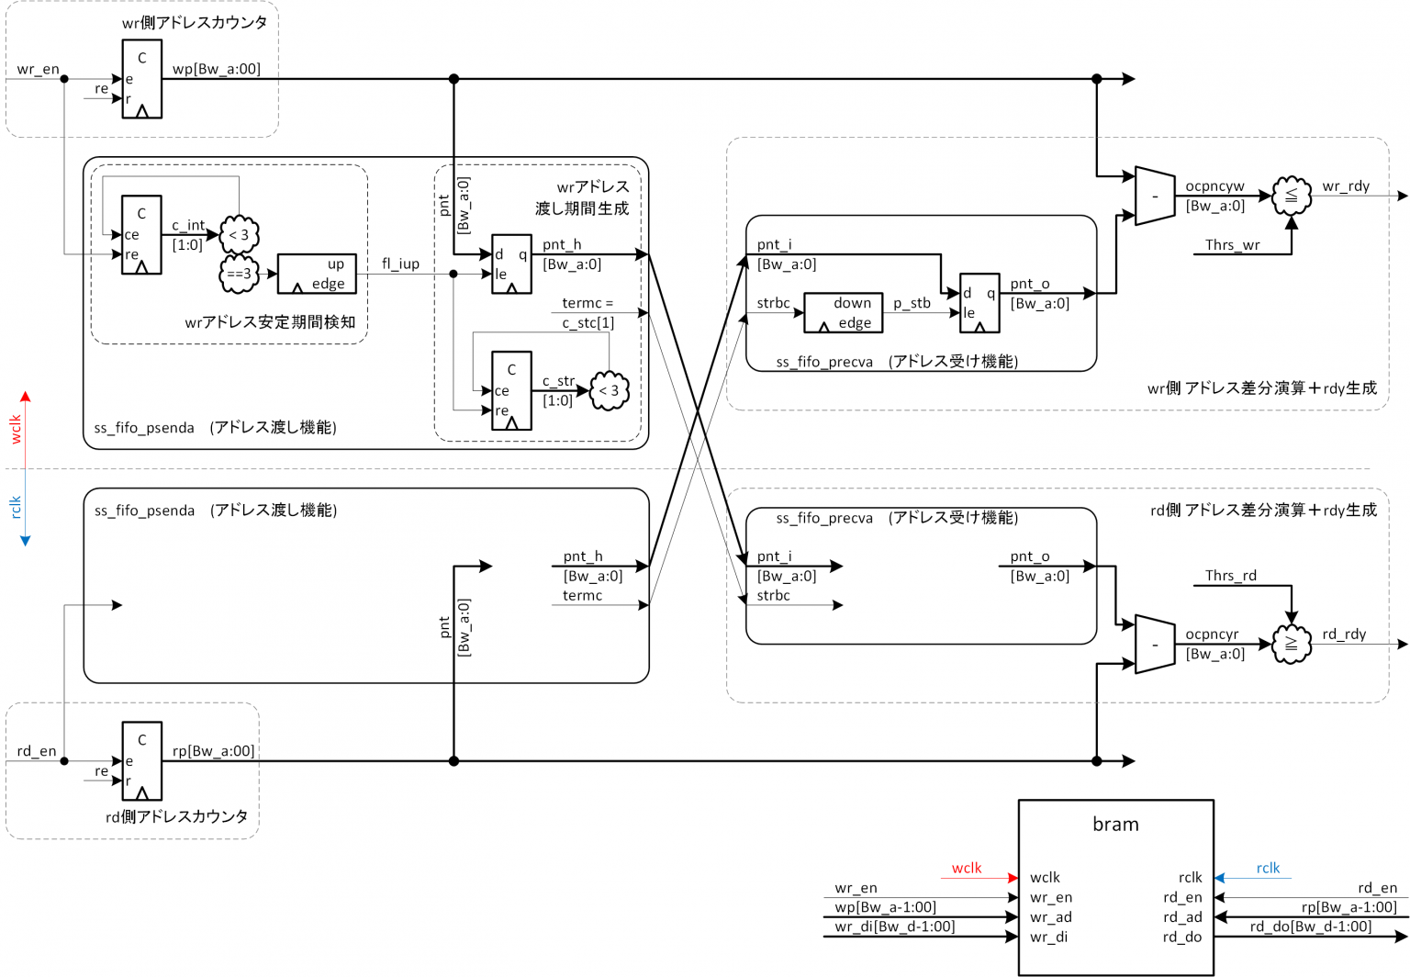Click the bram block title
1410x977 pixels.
[x=1115, y=825]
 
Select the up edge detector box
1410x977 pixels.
[x=317, y=274]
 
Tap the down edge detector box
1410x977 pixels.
[x=843, y=312]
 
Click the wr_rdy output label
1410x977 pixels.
[x=1346, y=186]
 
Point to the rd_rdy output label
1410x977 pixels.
[x=1344, y=634]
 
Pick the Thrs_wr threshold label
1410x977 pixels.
[x=1232, y=245]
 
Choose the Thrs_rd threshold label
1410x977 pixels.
[x=1230, y=576]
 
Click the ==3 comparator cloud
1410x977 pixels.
[x=240, y=274]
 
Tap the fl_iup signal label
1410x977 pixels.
[x=400, y=264]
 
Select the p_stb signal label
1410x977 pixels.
[x=912, y=303]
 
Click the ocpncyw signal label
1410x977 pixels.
[x=1214, y=186]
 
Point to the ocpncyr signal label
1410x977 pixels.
[x=1212, y=634]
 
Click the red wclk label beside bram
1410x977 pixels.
[x=967, y=868]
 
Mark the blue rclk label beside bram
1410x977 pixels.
[x=1268, y=868]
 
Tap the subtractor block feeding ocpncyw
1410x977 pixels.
[x=1155, y=196]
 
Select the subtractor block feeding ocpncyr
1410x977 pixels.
[x=1155, y=644]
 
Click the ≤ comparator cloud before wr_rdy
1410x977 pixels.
[x=1292, y=196]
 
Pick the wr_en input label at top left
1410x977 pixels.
[x=38, y=69]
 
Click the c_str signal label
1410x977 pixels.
[x=558, y=381]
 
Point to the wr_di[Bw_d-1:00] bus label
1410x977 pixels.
[x=894, y=926]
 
